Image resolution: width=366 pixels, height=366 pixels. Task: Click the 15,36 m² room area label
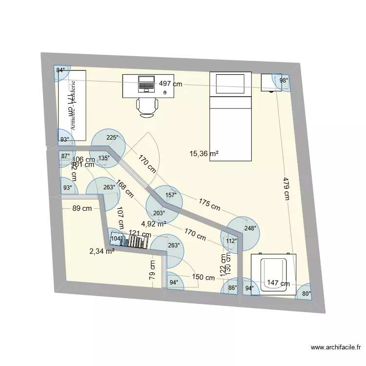click(x=204, y=154)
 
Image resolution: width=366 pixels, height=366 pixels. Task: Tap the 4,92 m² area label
click(x=154, y=224)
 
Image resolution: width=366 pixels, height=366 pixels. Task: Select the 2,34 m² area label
click(x=102, y=251)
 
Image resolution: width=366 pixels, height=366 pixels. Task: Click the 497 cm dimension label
click(x=170, y=84)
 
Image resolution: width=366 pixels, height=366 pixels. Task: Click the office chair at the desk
click(x=147, y=106)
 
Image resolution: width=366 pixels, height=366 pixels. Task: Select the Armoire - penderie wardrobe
click(x=73, y=106)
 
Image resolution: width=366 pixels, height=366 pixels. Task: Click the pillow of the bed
click(x=230, y=83)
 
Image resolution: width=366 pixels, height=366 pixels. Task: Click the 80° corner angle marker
click(x=306, y=293)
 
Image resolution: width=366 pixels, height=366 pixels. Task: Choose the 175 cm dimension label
click(x=209, y=204)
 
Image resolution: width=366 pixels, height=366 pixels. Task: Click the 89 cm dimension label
click(x=82, y=209)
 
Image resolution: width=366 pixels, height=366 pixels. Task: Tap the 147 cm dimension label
click(x=278, y=283)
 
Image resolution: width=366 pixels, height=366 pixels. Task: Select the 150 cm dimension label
click(x=203, y=278)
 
